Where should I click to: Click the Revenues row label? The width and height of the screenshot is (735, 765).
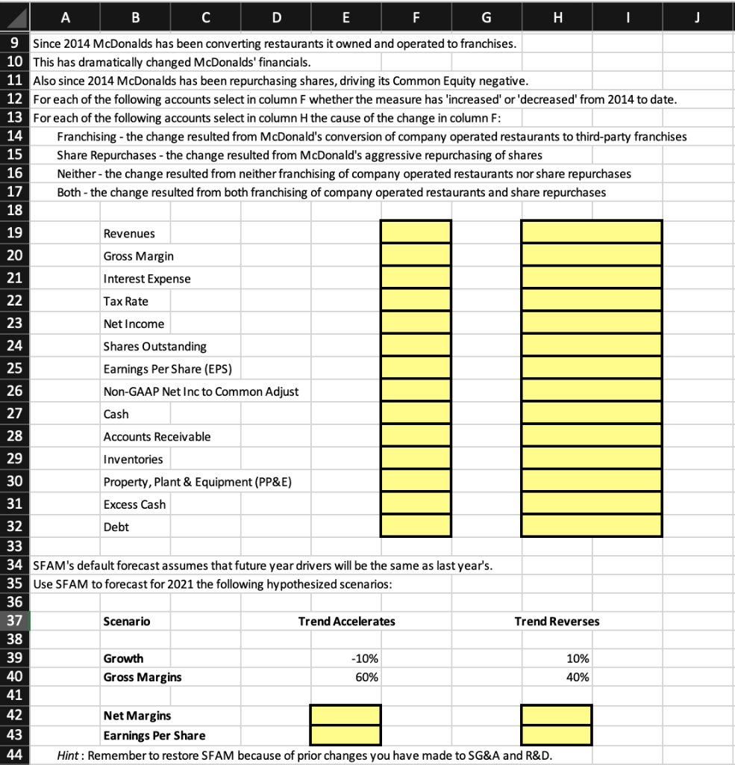129,234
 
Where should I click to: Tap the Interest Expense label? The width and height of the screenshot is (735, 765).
146,279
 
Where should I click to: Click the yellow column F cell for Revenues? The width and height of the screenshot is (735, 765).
416,232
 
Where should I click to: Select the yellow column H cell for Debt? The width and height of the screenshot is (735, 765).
591,526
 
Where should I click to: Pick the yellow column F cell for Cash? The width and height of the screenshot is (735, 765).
416,413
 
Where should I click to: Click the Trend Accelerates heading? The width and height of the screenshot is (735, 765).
346,621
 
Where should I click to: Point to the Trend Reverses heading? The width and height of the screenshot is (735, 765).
557,621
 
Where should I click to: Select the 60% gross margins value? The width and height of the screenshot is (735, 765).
367,677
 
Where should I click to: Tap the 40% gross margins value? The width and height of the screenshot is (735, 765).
578,677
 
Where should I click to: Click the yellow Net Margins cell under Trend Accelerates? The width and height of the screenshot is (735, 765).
345,715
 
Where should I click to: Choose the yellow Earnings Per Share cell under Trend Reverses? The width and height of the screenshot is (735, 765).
557,734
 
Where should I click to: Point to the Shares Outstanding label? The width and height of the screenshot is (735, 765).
154,347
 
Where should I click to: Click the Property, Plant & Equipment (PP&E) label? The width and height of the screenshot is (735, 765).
197,482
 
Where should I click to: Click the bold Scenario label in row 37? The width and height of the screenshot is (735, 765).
126,621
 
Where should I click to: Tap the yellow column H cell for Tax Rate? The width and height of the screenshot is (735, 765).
591,300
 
